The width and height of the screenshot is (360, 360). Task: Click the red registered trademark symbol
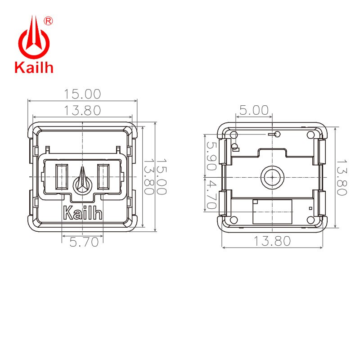point(49,21)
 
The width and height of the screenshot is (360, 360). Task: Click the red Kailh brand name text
point(34,67)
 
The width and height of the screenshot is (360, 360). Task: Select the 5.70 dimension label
point(84,242)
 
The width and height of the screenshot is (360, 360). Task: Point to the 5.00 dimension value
point(253,110)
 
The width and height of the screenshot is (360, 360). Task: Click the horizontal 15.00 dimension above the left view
point(82,94)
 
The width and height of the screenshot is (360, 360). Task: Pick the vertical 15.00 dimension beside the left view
point(161,176)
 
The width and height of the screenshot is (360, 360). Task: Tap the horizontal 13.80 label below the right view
point(271,241)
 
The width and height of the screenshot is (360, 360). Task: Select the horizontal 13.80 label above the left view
point(82,109)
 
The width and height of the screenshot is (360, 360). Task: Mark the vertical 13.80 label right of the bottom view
point(342,177)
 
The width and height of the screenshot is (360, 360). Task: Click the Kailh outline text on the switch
point(83,212)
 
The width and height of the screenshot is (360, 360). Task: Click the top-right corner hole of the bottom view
point(310,135)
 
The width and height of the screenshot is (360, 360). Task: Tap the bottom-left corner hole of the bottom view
point(234,220)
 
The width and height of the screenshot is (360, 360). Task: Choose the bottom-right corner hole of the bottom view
point(310,220)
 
